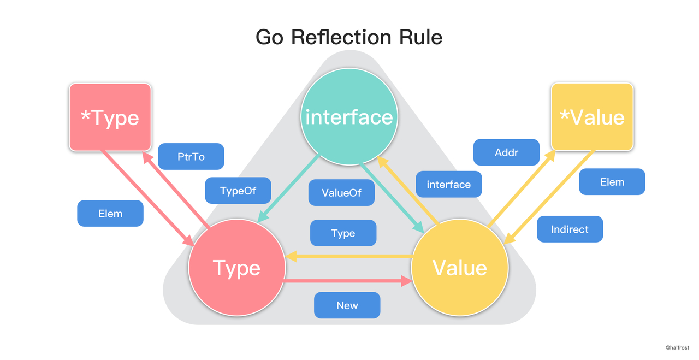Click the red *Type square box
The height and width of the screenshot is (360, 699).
(110, 117)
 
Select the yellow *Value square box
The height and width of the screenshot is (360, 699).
(593, 117)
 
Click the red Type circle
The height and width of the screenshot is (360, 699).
(236, 268)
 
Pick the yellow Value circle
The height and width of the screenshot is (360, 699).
(459, 268)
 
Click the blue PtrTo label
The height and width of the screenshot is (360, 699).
(191, 156)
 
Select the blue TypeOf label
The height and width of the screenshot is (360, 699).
(238, 191)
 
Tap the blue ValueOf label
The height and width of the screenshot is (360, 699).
(342, 193)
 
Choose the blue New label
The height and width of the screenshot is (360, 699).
(347, 305)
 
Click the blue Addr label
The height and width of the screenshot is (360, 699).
(506, 152)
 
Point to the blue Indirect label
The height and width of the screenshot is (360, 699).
(570, 229)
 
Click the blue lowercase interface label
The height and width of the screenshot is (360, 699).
(448, 185)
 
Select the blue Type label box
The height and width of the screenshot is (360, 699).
(343, 233)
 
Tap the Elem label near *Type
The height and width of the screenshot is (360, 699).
(110, 214)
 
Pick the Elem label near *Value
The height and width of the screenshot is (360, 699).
(612, 182)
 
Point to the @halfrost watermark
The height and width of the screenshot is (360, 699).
(677, 347)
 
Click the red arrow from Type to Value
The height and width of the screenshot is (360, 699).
(349, 281)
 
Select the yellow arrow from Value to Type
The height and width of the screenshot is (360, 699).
(349, 256)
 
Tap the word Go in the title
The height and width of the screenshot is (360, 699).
(270, 37)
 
